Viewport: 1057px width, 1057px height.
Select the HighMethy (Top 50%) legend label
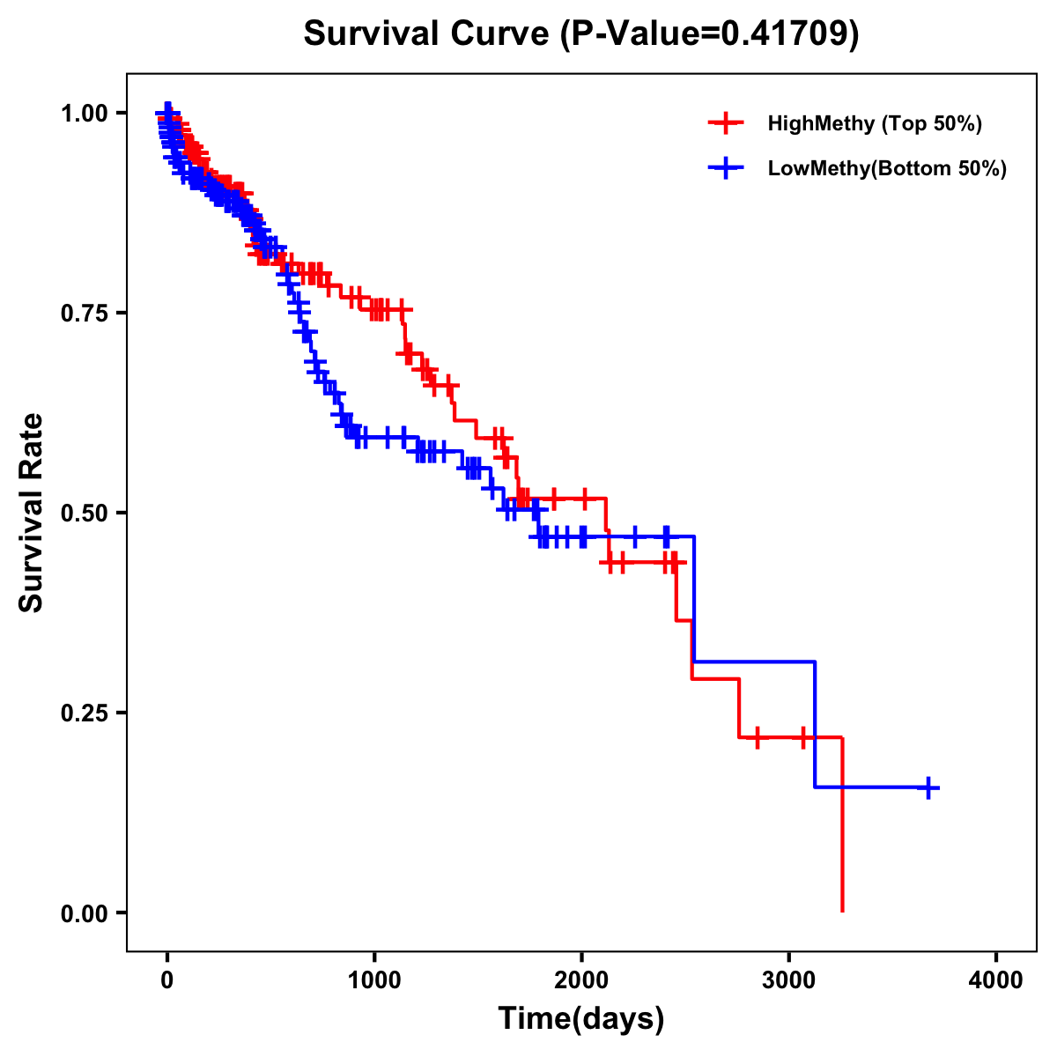tap(874, 123)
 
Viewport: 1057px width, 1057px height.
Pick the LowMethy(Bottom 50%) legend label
tap(887, 168)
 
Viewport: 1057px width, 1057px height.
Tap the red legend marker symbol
tap(726, 123)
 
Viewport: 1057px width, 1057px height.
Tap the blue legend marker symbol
tap(726, 168)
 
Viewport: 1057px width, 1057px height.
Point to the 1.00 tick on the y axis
tap(85, 113)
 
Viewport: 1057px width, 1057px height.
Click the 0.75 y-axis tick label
tap(85, 313)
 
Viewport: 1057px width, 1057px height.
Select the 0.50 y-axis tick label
tap(85, 513)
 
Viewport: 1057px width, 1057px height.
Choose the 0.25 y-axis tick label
tap(85, 713)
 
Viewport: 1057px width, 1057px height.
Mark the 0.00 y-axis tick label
tap(85, 913)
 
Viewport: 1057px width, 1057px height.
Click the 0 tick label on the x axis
tap(167, 979)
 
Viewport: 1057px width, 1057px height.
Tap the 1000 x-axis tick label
tap(374, 979)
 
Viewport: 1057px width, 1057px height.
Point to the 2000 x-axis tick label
tap(581, 979)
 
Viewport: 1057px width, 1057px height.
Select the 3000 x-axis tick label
tap(789, 979)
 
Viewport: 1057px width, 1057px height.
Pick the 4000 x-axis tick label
tap(996, 979)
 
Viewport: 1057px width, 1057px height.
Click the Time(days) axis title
tap(581, 1018)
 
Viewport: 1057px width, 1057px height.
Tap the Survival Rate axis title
tap(32, 513)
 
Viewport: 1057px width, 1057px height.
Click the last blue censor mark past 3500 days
tap(928, 787)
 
